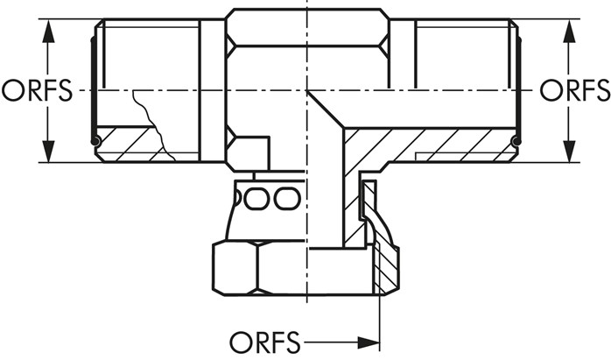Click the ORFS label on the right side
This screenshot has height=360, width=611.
point(574,90)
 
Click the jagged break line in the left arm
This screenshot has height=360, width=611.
point(154,123)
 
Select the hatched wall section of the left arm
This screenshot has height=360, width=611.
point(131,149)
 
